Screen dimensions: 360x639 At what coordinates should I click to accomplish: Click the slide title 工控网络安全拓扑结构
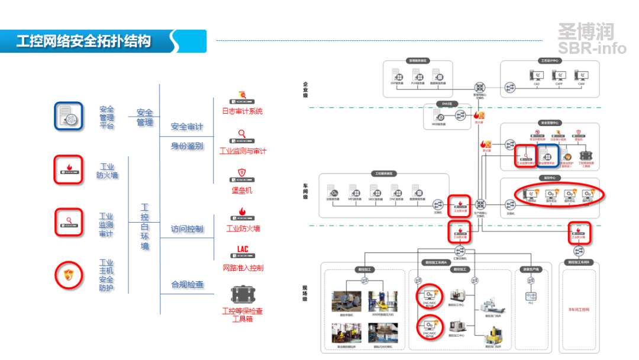(x=83, y=41)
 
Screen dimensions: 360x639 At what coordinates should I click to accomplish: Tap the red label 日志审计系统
(x=242, y=111)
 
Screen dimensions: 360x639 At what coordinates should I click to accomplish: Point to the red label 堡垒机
(x=241, y=190)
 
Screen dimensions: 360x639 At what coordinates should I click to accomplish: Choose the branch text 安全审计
(x=187, y=127)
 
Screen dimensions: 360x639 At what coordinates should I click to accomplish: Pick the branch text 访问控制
(x=187, y=229)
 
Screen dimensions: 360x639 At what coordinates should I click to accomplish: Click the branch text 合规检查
(x=188, y=285)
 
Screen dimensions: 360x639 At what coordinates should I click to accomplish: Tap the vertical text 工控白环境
(x=145, y=227)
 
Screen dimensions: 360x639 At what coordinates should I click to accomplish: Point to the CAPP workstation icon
(x=559, y=76)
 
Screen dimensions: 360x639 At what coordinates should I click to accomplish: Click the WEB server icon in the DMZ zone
(x=441, y=117)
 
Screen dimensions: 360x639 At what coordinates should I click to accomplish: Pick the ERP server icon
(x=397, y=75)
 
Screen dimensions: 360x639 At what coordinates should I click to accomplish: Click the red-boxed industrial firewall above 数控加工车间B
(x=579, y=233)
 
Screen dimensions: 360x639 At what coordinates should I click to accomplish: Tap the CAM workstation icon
(x=581, y=76)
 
